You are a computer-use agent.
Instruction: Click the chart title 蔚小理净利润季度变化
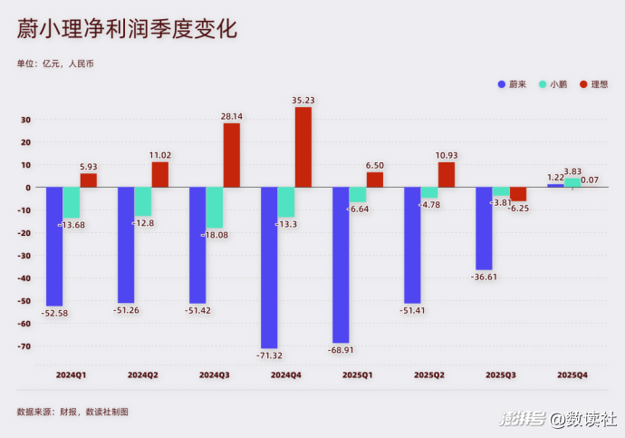coord(127,29)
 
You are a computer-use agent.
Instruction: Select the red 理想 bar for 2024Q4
coord(303,147)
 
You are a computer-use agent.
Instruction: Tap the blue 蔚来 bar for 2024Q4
coord(268,268)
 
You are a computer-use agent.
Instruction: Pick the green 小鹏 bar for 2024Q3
coord(214,208)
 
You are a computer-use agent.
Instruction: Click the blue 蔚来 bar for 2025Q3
coord(483,229)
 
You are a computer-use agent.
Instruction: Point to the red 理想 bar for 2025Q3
coord(518,194)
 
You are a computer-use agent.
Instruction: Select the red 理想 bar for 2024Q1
coord(89,180)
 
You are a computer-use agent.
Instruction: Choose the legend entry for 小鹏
coord(553,84)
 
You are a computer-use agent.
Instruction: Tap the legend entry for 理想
coord(593,84)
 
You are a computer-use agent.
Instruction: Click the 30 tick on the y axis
coord(26,120)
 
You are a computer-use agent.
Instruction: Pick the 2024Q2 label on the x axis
coord(142,375)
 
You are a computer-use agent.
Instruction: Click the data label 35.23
coord(303,100)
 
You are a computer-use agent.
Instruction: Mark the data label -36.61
coord(483,277)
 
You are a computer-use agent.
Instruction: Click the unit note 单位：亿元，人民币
coord(55,63)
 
